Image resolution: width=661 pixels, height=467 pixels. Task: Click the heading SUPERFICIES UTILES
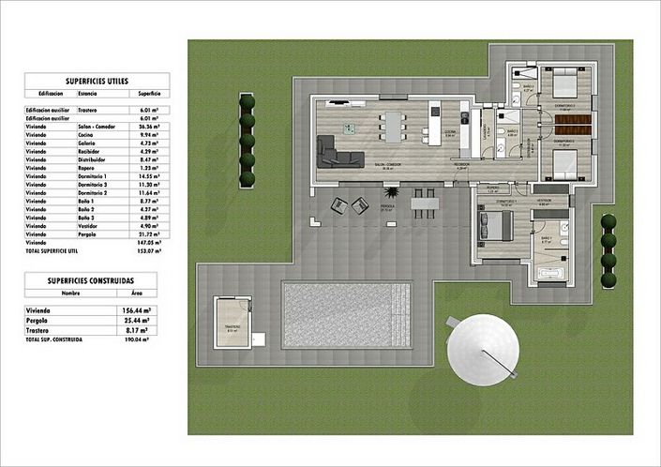pos(98,82)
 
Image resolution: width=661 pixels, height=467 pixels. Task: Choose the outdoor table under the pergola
pos(426,201)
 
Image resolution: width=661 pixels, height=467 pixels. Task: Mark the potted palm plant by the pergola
pos(338,203)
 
